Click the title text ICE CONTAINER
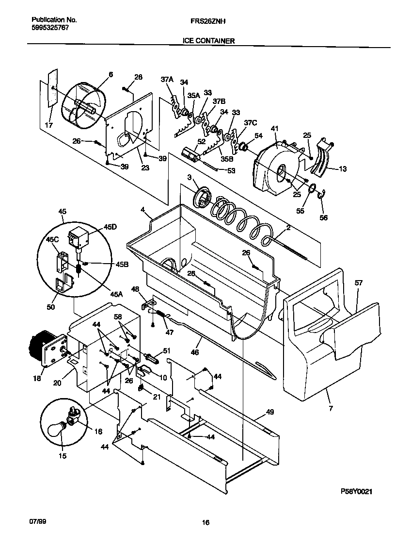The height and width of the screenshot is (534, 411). coord(208,41)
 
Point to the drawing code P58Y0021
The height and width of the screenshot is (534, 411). coord(357,492)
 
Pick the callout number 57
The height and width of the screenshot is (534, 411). coord(358,282)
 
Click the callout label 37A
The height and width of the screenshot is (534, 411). coord(167,80)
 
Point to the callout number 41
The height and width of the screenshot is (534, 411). coord(275,129)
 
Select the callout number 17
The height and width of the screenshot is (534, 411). coord(48,125)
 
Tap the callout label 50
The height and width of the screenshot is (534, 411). coord(51,307)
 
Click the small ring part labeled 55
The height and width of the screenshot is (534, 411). coord(313,189)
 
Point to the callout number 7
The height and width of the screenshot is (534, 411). coord(331,409)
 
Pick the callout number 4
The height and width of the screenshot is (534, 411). coord(143,210)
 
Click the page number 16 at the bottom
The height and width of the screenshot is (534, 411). coord(205,523)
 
